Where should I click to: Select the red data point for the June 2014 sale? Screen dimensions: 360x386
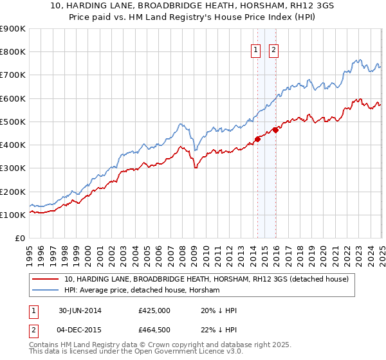[257, 139]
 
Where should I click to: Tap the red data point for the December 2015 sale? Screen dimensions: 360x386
[275, 130]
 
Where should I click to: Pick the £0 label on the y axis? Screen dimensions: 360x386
[19, 239]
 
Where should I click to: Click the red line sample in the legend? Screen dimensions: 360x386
[46, 279]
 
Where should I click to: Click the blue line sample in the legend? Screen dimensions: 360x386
[46, 291]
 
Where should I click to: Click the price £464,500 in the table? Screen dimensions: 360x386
[154, 330]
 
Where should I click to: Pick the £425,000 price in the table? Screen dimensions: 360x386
[154, 310]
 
